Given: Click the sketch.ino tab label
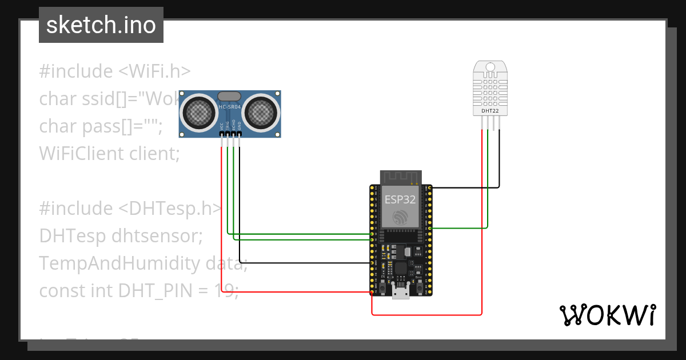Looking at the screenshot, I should point(101,25).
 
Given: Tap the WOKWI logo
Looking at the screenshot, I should point(607,315).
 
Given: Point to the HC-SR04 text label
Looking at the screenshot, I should point(230,107).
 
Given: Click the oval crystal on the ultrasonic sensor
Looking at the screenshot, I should point(229,97).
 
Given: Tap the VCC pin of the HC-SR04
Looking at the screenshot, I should point(222,135).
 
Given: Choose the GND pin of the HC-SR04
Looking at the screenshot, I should point(239,135).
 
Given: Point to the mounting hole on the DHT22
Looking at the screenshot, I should point(490,67).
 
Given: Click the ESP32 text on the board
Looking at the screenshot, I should point(400,199).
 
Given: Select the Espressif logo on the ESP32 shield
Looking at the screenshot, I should point(400,217).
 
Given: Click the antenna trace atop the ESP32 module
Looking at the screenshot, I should point(401,177).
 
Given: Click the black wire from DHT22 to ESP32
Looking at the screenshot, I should point(499,166).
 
